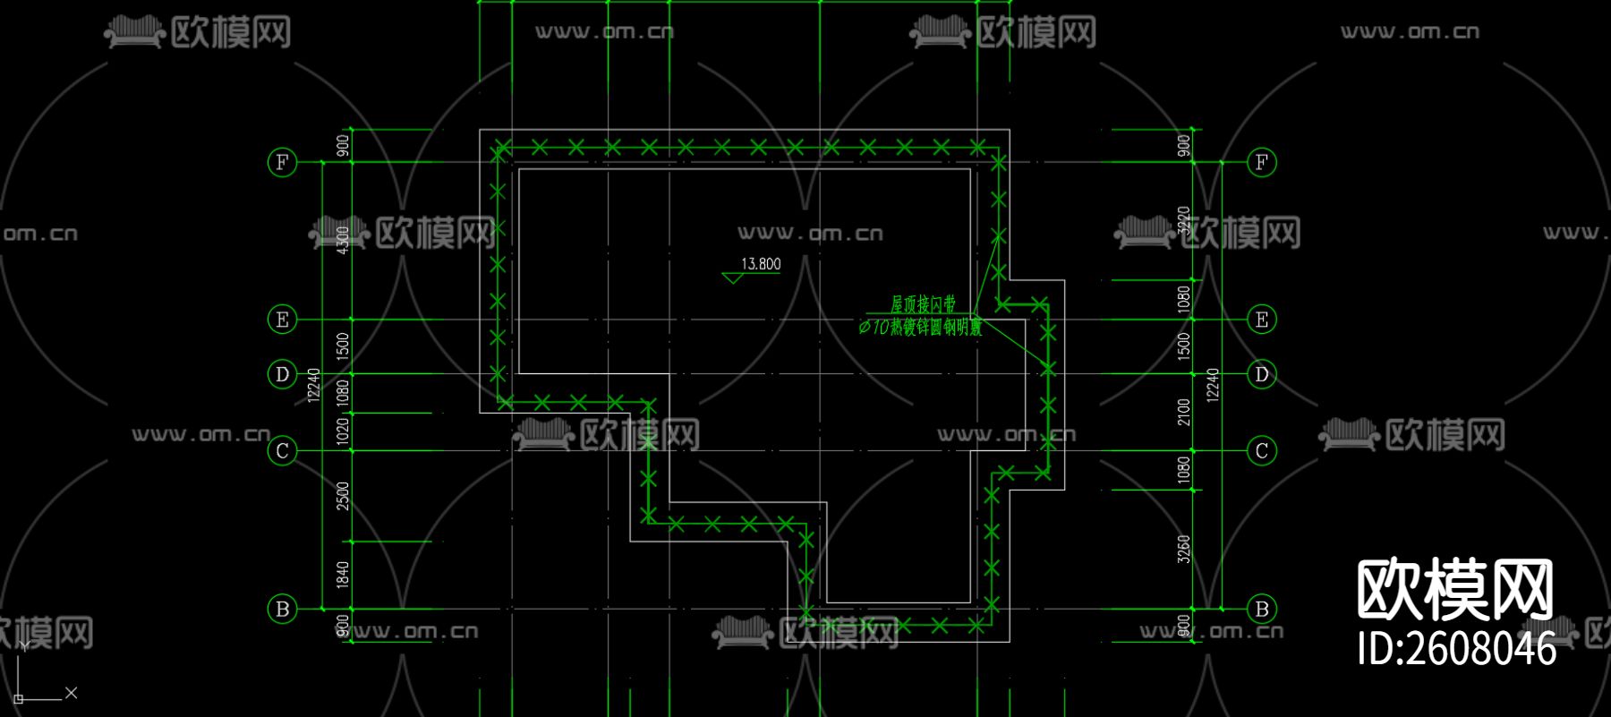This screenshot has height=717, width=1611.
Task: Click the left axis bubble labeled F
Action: point(282,162)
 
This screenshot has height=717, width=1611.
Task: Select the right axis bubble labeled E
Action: point(1262,320)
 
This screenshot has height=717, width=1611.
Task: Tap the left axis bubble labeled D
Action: point(282,374)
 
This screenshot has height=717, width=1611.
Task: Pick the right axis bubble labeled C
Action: point(1262,451)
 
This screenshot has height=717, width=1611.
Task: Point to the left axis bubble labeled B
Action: point(282,609)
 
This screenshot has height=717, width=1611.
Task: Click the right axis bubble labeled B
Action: point(1262,609)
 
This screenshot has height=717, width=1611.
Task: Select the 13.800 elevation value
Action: point(761,264)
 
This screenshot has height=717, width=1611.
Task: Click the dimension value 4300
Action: point(343,240)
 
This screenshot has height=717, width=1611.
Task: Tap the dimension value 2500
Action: point(343,496)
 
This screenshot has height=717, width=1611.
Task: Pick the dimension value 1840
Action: point(343,575)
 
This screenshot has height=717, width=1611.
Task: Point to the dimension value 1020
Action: point(343,432)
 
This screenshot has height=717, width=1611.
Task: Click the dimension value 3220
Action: point(1184,220)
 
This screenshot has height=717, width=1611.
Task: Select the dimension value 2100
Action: point(1184,412)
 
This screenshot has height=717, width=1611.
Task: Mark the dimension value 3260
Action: point(1184,549)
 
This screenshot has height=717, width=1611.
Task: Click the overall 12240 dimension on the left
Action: point(313,385)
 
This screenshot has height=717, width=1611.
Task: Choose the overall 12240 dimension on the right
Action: point(1213,385)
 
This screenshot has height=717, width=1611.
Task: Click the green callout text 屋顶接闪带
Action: point(923,304)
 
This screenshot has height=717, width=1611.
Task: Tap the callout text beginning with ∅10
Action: point(920,328)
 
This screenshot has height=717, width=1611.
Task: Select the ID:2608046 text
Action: point(1457,648)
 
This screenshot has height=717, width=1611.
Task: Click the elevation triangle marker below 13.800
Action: point(733,278)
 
